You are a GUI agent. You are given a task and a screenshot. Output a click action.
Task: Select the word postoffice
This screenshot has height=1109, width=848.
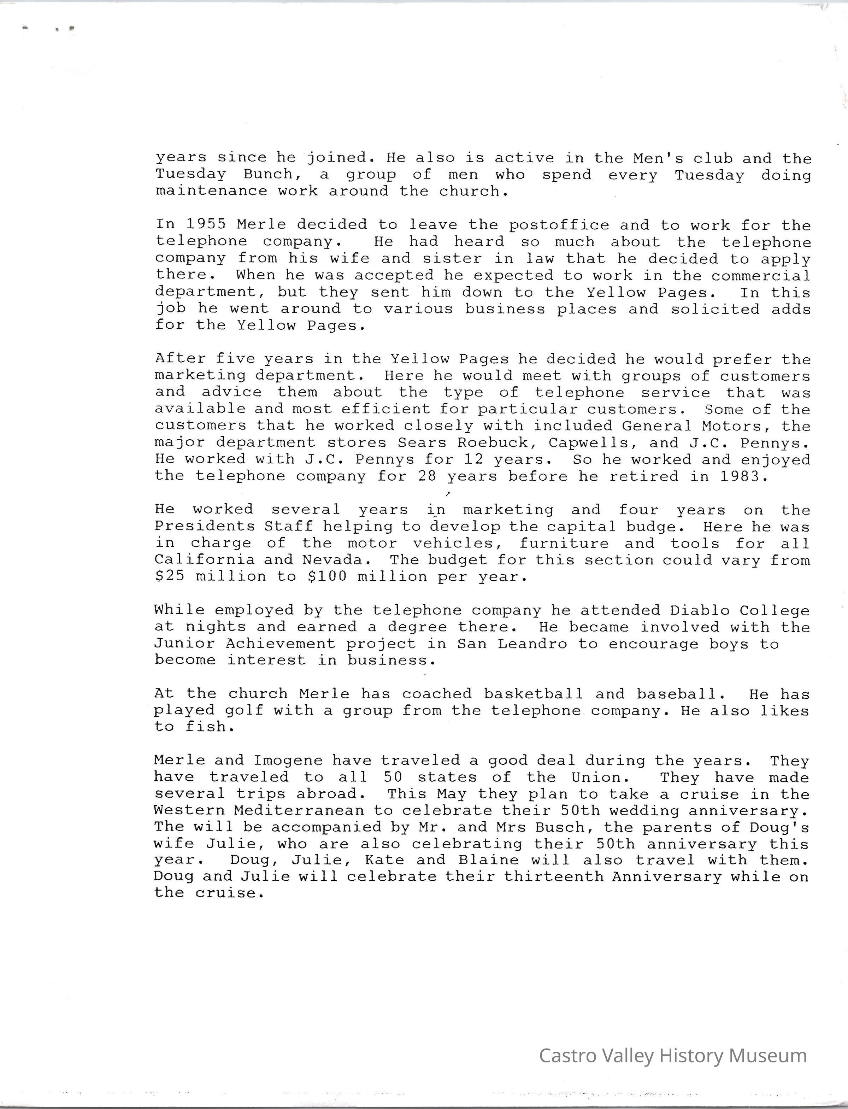(x=559, y=225)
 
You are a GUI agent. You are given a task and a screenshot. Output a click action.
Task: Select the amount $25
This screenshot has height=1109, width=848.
(x=170, y=576)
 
